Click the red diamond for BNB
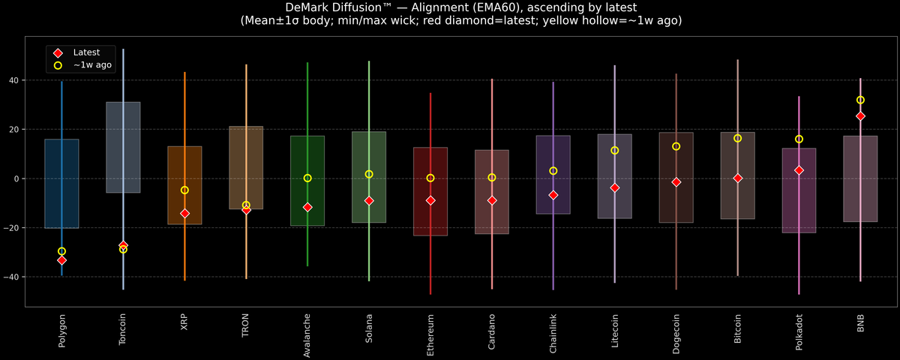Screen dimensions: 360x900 860,116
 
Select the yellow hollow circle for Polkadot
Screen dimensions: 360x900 799,139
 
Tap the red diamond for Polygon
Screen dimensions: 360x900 61,260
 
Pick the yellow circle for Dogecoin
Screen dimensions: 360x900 676,146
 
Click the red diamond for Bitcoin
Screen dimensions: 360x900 737,178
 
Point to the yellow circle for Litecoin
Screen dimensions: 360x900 614,151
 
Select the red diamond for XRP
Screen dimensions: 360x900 184,214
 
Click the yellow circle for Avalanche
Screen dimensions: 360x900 307,178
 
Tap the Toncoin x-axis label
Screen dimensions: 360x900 123,330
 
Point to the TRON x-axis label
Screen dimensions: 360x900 246,325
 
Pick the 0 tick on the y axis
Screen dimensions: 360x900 17,178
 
